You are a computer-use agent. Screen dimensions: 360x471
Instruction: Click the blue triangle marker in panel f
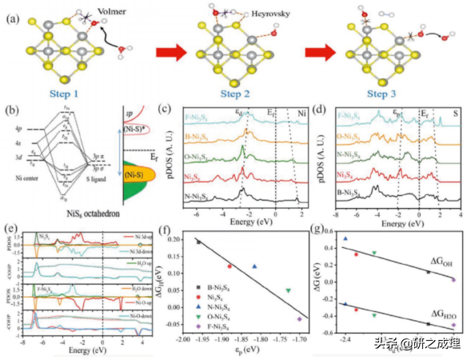pos(255,266)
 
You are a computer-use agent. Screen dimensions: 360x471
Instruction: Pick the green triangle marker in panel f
pos(288,290)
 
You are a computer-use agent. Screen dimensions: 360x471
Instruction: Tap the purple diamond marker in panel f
pos(299,318)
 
